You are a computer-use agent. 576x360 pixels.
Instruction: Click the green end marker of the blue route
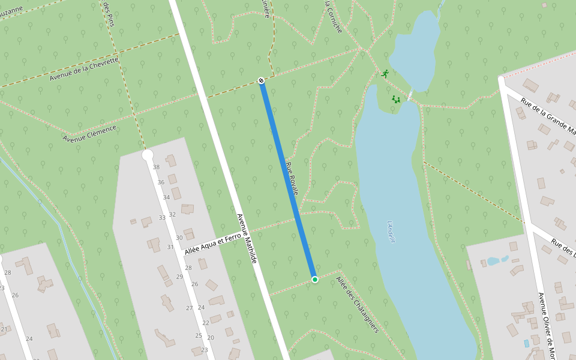[314, 280]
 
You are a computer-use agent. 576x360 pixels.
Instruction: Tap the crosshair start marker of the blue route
[261, 80]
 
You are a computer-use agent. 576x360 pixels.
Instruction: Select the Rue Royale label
[292, 178]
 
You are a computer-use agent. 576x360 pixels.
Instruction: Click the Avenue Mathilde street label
[247, 239]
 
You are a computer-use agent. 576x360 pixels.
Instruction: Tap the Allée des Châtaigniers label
[358, 304]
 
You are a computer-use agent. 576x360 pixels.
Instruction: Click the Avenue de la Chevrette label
[84, 69]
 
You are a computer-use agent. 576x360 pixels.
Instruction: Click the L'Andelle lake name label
[392, 232]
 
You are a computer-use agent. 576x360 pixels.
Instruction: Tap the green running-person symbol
[385, 74]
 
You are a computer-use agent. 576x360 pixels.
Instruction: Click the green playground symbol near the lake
[396, 99]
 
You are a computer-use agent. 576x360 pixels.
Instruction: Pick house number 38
[156, 167]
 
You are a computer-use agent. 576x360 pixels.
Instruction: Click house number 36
[161, 182]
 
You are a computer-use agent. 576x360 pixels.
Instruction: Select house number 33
[162, 217]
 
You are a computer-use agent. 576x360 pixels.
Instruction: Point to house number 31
[170, 247]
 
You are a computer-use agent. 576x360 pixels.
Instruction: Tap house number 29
[179, 277]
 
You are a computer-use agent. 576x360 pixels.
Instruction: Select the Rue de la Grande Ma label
[548, 116]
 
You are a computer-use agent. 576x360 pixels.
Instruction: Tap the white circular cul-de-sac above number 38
[148, 155]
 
